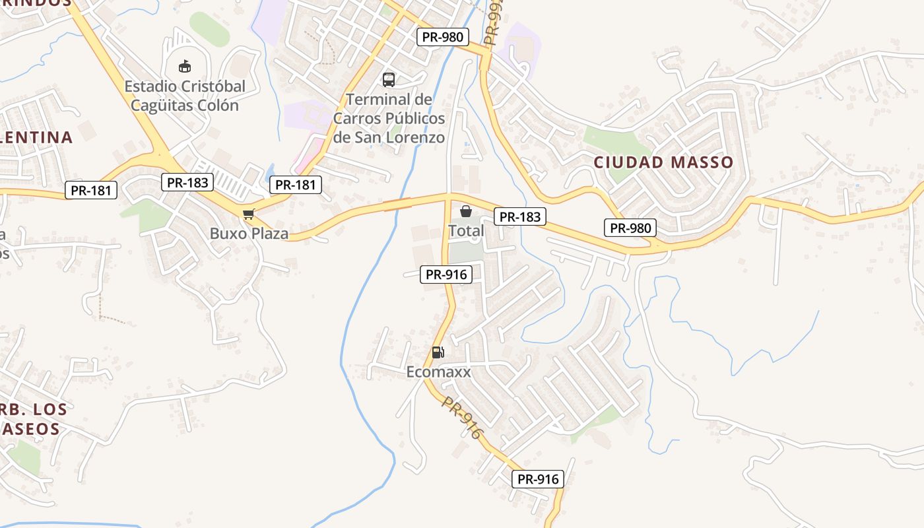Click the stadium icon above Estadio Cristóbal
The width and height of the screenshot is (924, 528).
point(185,66)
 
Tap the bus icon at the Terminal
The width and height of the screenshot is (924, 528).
point(389,80)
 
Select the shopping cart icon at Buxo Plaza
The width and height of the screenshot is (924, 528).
point(248,214)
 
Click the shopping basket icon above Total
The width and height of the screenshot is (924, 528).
point(466,211)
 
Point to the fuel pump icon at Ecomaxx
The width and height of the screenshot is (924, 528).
point(438,352)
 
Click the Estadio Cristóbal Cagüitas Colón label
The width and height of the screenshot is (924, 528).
point(185,96)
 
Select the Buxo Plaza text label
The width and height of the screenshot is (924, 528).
point(249,233)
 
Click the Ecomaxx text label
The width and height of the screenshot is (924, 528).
point(438,372)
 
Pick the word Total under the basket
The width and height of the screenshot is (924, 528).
point(466,231)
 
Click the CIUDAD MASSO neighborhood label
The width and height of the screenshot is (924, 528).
point(663,162)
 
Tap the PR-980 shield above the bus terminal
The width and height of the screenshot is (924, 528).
point(442,37)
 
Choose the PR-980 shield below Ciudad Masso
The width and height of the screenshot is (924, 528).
point(630,228)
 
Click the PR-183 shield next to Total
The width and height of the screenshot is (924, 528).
point(520,216)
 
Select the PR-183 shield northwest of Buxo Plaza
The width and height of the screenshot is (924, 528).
point(187,183)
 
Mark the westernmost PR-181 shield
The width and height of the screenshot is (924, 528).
point(91,191)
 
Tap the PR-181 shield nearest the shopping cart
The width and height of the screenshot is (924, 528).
point(296,185)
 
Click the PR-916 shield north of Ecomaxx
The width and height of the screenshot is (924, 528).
point(446,275)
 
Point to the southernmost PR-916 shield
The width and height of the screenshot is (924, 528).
point(538,479)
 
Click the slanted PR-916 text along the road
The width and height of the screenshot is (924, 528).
point(463,418)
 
